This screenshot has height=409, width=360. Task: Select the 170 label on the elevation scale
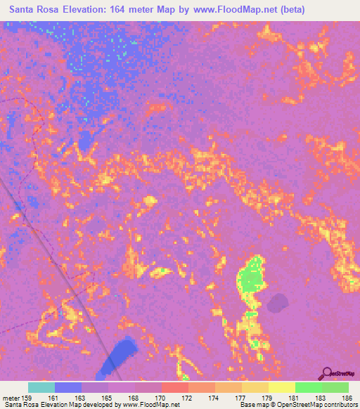click(161, 398)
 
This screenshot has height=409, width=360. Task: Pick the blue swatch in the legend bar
click(68, 387)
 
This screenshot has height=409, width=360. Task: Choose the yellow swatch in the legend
click(282, 387)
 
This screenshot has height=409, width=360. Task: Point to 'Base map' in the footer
click(252, 405)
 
